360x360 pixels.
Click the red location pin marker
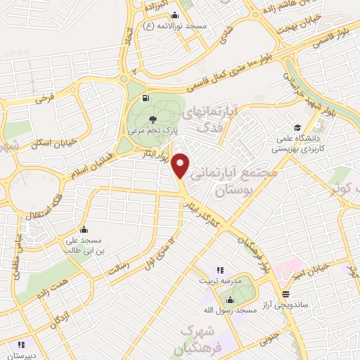(181, 165)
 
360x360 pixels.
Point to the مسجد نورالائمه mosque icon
(175, 16)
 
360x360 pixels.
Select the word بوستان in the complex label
(250, 191)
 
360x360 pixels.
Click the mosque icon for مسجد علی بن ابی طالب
(84, 229)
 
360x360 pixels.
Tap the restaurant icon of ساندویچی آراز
(285, 294)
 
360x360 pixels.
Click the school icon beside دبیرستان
(20, 345)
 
